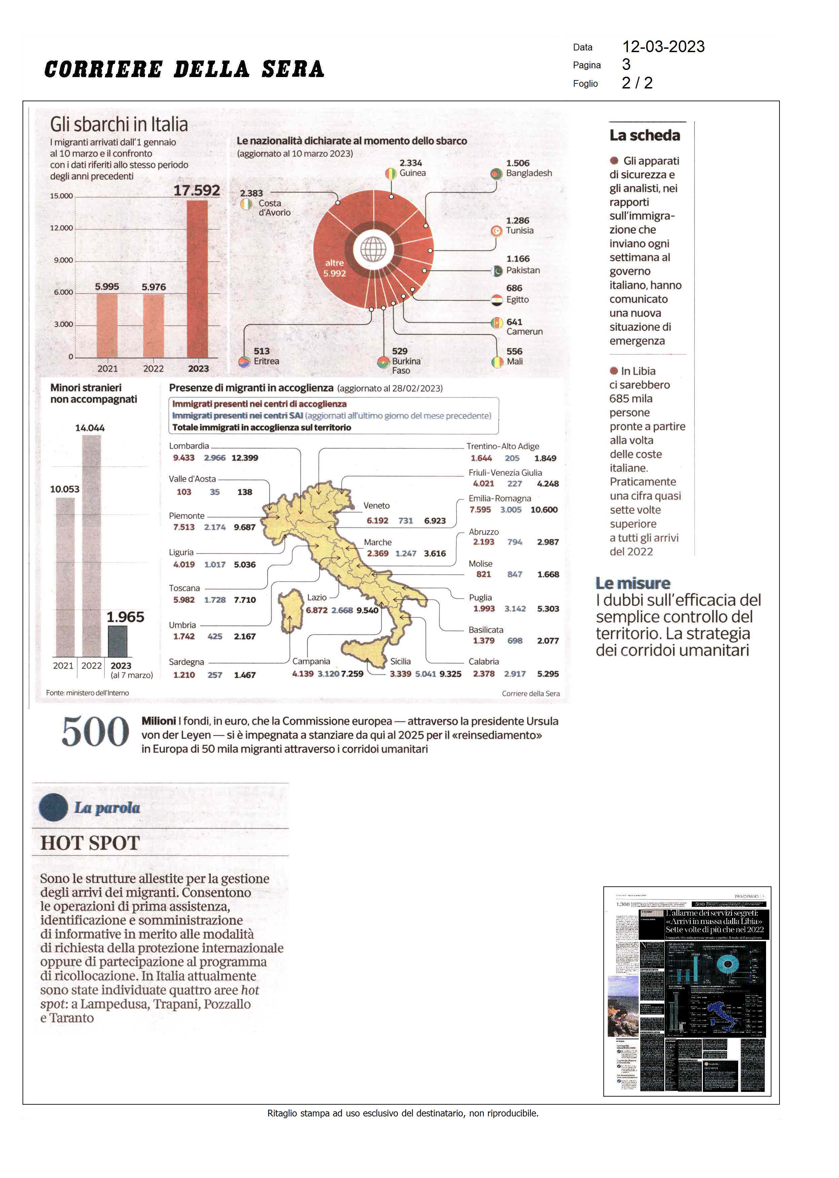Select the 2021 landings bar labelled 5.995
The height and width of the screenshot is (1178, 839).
(107, 326)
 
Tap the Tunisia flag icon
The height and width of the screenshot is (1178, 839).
(496, 231)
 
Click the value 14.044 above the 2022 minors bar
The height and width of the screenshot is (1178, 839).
(90, 428)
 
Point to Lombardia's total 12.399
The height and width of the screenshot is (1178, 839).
(244, 458)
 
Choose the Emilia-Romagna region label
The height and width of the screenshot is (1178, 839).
(500, 498)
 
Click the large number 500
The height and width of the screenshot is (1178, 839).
(95, 732)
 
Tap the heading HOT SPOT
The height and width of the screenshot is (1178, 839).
(90, 843)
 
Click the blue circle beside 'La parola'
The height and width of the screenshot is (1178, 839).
(53, 807)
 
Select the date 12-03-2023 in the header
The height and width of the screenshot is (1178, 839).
(663, 46)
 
